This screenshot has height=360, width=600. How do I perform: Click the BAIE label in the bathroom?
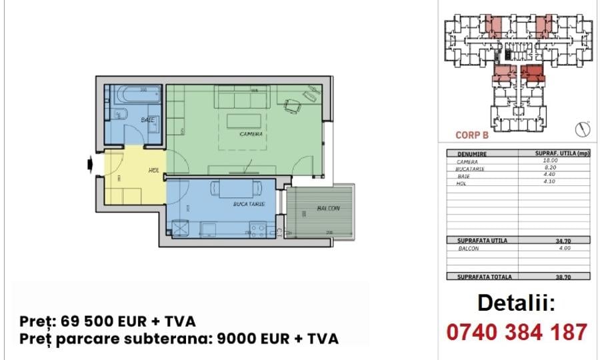coord(148,120)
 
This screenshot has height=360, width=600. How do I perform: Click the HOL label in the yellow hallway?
coord(153,171)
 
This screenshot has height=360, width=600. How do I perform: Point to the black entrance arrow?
coord(91,164)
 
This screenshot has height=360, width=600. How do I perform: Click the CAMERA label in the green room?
coord(251,134)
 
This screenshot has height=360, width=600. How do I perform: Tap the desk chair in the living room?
coord(292,105)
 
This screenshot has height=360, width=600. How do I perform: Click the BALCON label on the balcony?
coord(328,209)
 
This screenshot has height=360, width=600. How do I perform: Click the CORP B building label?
coord(472,134)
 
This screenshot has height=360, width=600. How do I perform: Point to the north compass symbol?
coord(583,128)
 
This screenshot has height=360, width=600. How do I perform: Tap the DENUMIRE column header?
coord(472,153)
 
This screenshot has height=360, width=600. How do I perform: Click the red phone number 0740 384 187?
coord(516,331)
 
